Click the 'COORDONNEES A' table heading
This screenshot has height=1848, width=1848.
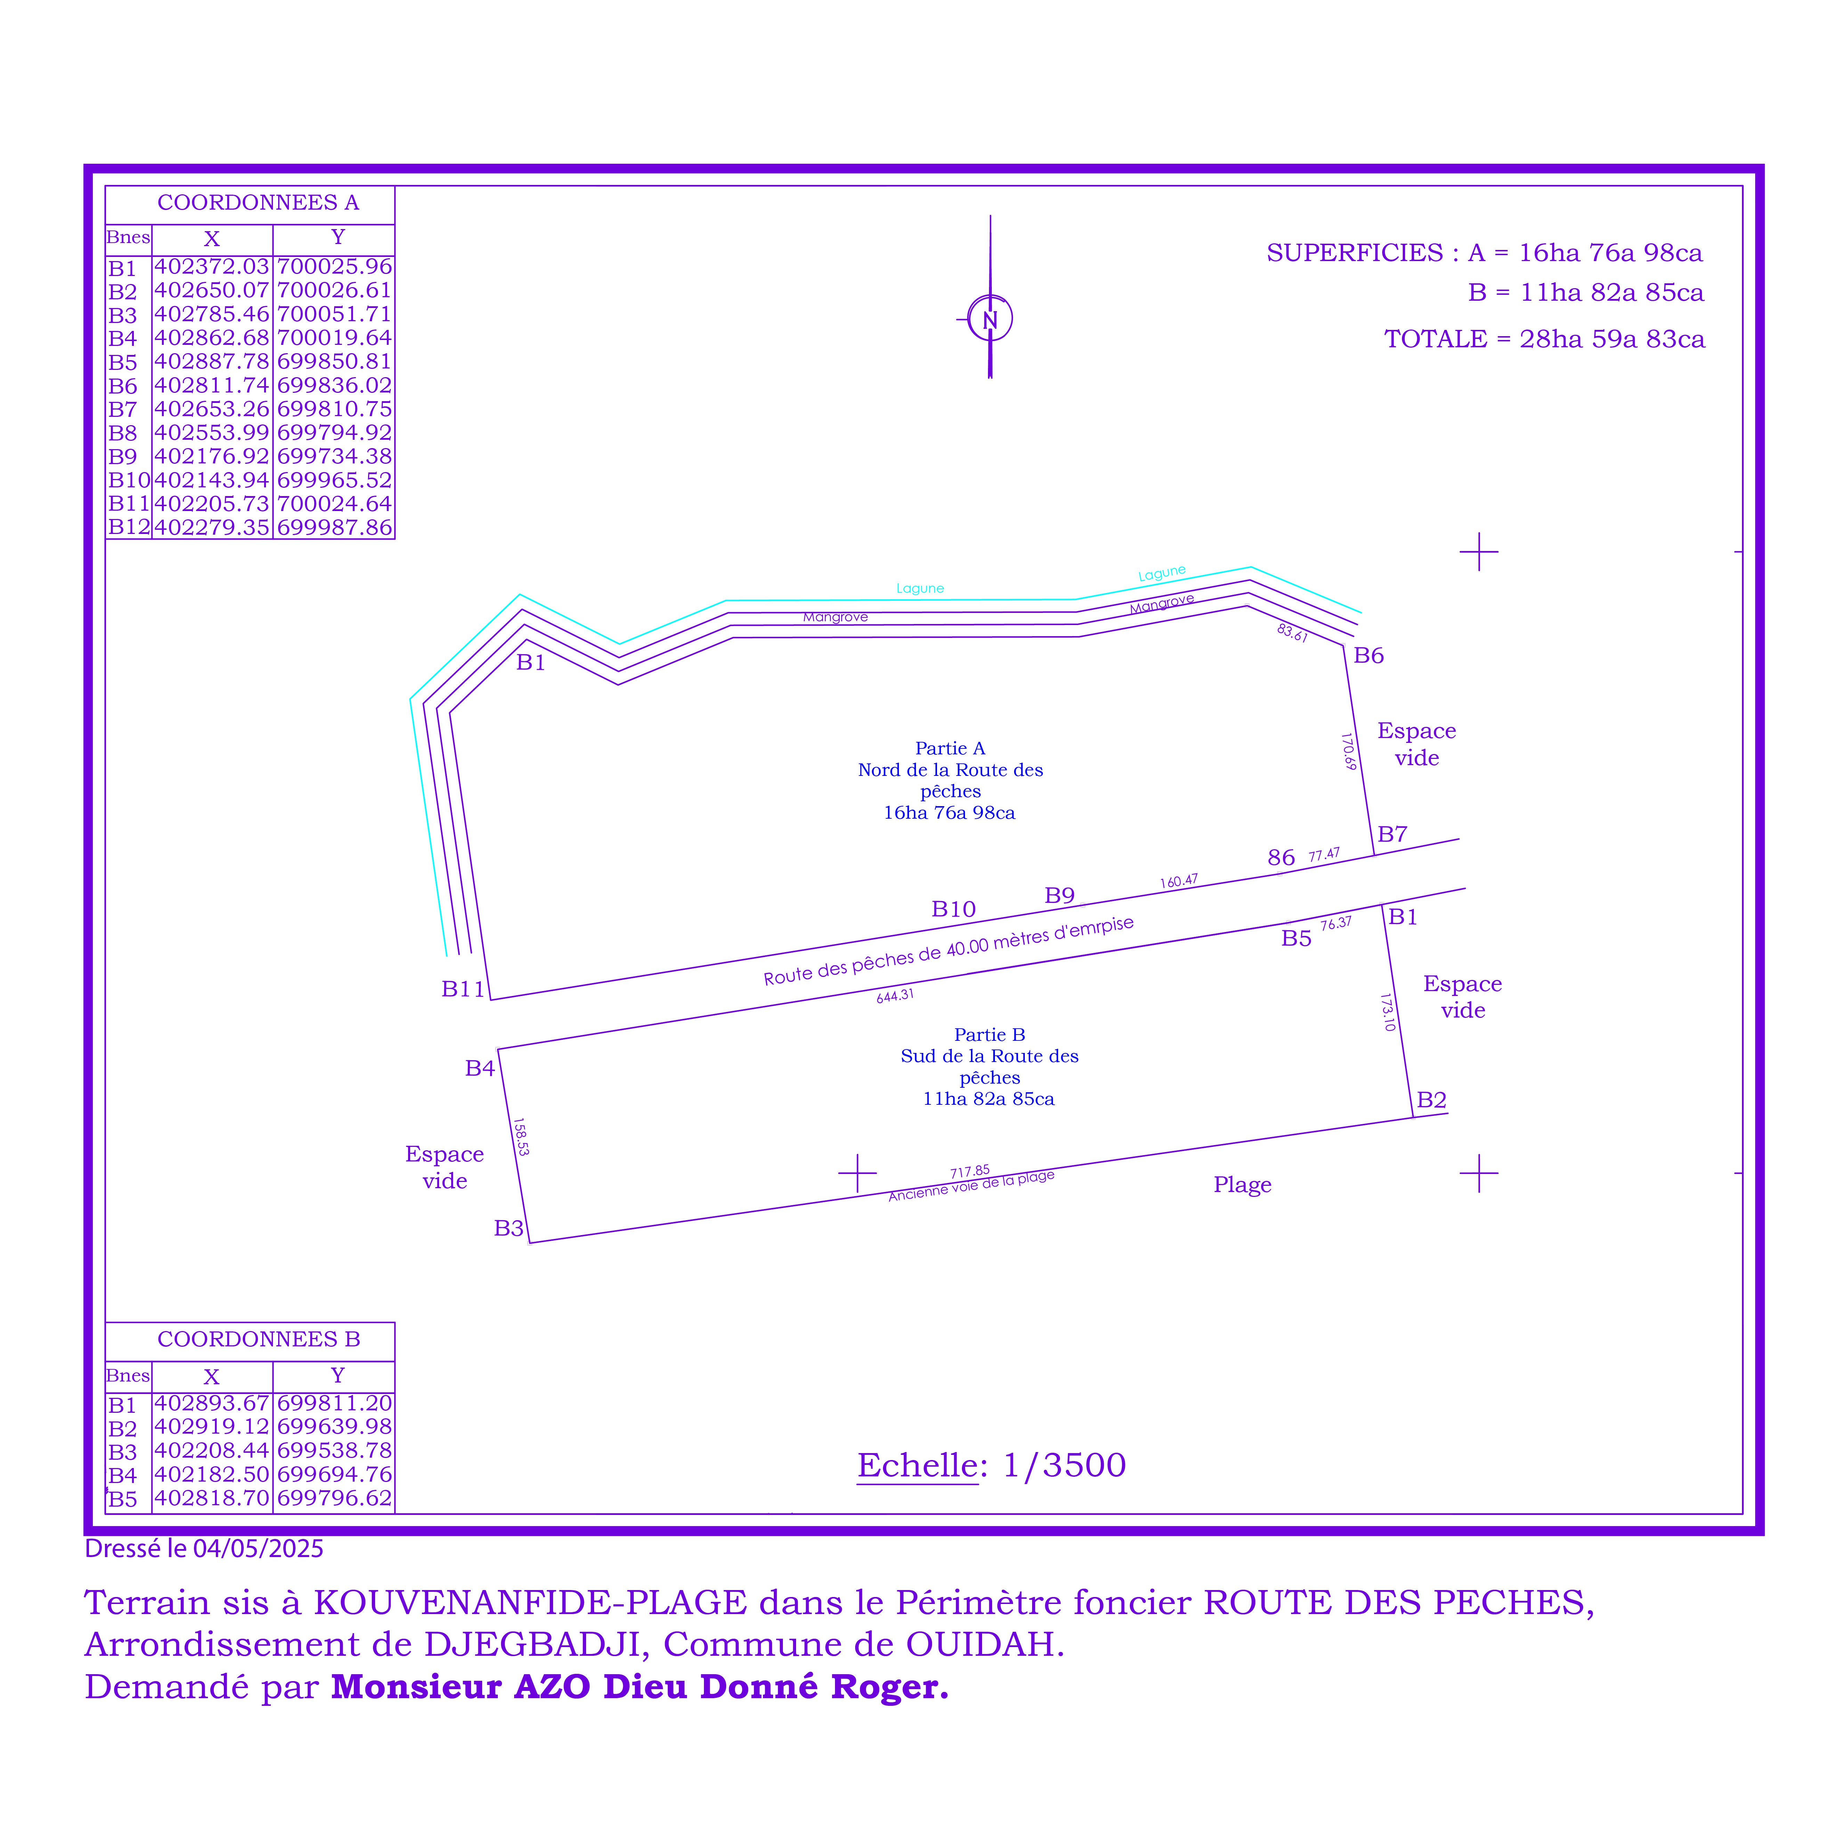(x=258, y=203)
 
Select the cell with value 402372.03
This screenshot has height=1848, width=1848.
(x=211, y=267)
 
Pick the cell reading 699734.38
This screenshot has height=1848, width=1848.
(x=334, y=456)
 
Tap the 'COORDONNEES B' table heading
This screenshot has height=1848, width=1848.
(x=258, y=1339)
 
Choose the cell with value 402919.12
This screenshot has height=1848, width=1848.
(x=211, y=1427)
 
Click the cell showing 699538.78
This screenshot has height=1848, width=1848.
(x=334, y=1451)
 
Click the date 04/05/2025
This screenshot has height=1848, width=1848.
(x=258, y=1549)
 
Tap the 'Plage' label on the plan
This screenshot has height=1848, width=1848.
(x=1242, y=1185)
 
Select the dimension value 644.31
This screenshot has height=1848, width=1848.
(x=895, y=996)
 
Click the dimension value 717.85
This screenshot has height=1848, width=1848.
(x=970, y=1172)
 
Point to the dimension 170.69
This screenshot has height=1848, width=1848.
(x=1349, y=752)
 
